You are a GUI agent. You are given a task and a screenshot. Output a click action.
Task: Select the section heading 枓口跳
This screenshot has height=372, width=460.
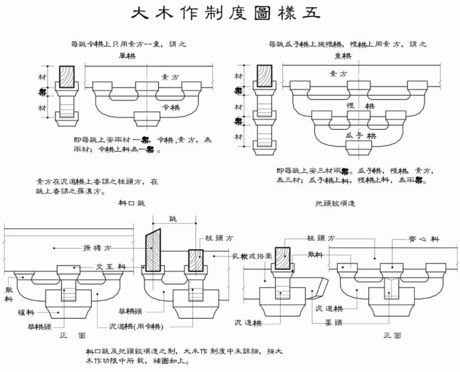tap(131, 203)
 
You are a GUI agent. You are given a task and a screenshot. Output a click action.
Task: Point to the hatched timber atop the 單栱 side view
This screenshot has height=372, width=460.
tap(67, 76)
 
